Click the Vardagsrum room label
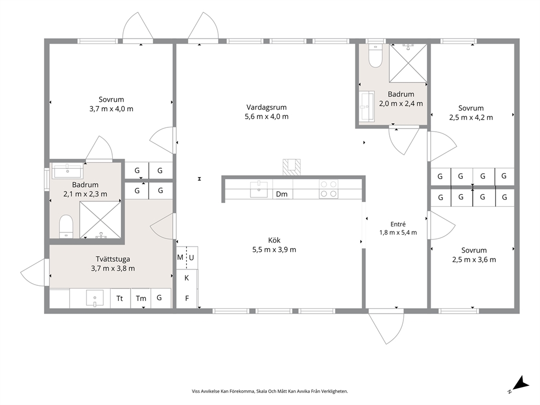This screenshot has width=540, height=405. pyautogui.click(x=266, y=107)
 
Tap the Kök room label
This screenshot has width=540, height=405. pyautogui.click(x=274, y=240)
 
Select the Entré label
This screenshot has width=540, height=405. pyautogui.click(x=398, y=224)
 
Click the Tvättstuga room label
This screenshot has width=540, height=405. pyautogui.click(x=113, y=259)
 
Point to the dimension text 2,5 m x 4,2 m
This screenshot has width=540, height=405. pyautogui.click(x=471, y=118)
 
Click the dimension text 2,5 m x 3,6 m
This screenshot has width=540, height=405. pyautogui.click(x=474, y=260)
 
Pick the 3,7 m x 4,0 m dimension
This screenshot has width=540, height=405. pyautogui.click(x=111, y=109)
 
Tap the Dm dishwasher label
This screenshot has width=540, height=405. pyautogui.click(x=282, y=194)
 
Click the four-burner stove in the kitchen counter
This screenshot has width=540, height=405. pyautogui.click(x=328, y=189)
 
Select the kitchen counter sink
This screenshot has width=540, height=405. pyautogui.click(x=259, y=189)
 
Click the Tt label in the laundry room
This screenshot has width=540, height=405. pyautogui.click(x=120, y=298)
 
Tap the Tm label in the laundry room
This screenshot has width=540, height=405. pyautogui.click(x=141, y=299)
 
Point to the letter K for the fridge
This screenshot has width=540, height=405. pyautogui.click(x=187, y=278)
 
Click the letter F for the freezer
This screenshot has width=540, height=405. pyautogui.click(x=187, y=298)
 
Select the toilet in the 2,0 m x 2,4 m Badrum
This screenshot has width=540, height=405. pyautogui.click(x=375, y=56)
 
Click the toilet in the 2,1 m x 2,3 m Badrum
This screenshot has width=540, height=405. pyautogui.click(x=66, y=226)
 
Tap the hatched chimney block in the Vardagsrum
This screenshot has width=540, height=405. pyautogui.click(x=291, y=167)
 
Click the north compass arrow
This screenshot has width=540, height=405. pyautogui.click(x=521, y=383)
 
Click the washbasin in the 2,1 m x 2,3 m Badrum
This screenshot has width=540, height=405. pyautogui.click(x=67, y=171)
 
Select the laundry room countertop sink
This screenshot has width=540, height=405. pyautogui.click(x=95, y=298)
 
